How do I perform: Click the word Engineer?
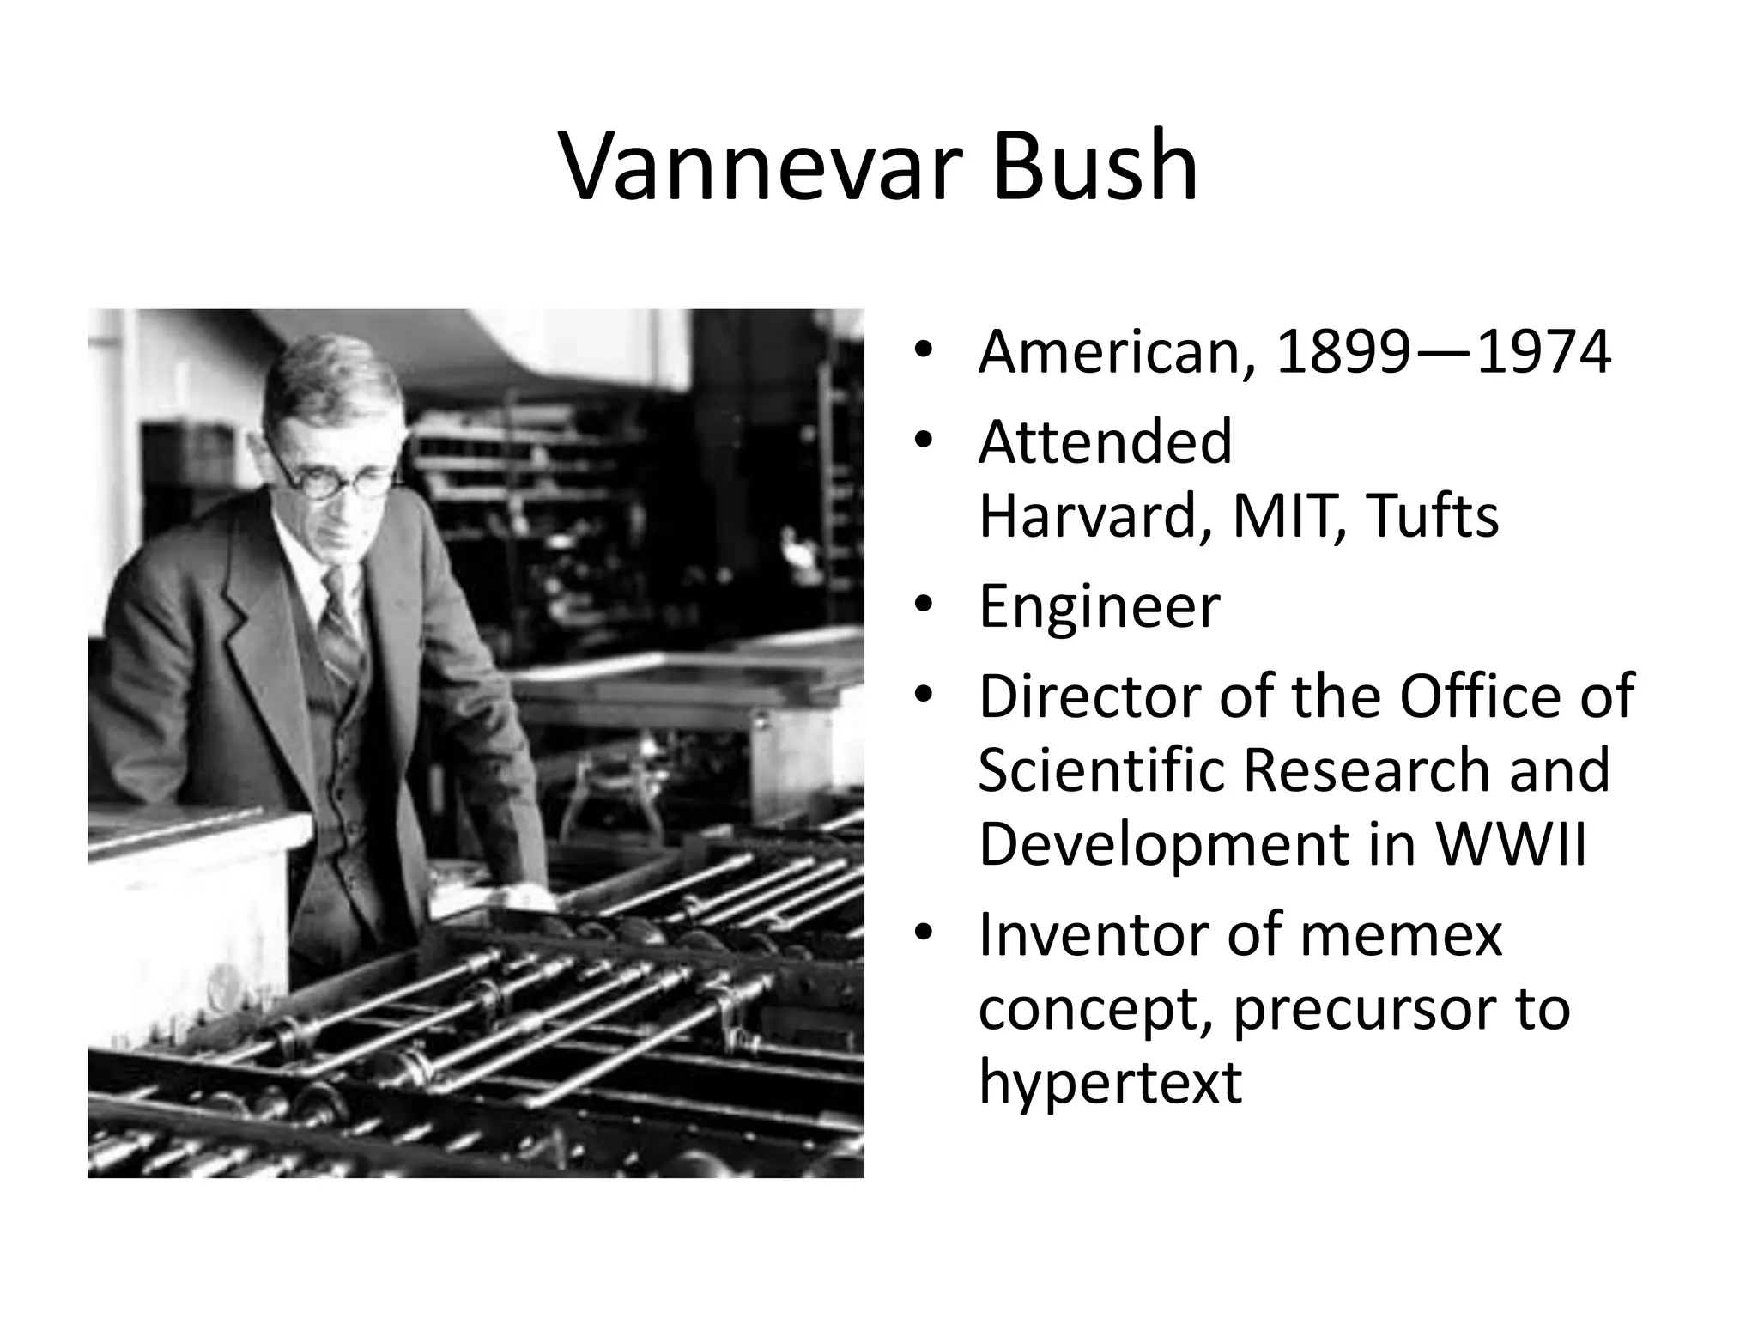pyautogui.click(x=1099, y=606)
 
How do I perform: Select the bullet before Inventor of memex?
pyautogui.click(x=923, y=933)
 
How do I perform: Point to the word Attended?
pyautogui.click(x=1105, y=442)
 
